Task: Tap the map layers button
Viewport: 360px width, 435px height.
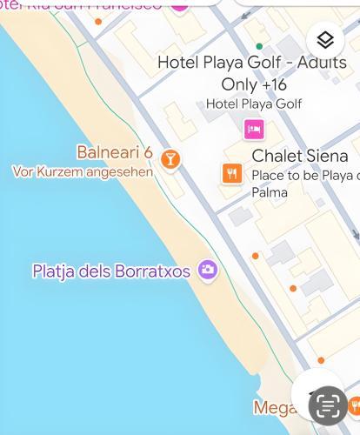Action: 325,40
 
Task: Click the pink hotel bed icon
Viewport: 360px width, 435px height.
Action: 254,130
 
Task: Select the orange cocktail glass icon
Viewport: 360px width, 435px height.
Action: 170,158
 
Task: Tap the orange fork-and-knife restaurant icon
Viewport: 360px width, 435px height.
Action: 231,173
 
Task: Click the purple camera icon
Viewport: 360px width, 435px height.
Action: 207,270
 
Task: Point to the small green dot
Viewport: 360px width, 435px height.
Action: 258,46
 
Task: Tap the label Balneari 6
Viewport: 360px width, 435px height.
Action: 115,153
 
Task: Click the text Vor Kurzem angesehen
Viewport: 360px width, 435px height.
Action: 83,171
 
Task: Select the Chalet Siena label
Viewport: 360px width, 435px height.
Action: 299,157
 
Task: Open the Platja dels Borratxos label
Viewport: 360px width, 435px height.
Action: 111,271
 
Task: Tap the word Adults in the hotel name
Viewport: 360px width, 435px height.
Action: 323,63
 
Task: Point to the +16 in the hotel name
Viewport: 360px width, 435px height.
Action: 273,84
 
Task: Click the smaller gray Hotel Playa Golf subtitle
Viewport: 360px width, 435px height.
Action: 254,104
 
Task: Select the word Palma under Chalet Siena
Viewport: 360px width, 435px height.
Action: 270,192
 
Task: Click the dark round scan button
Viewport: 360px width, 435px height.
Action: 328,405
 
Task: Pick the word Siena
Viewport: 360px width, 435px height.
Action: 326,157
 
